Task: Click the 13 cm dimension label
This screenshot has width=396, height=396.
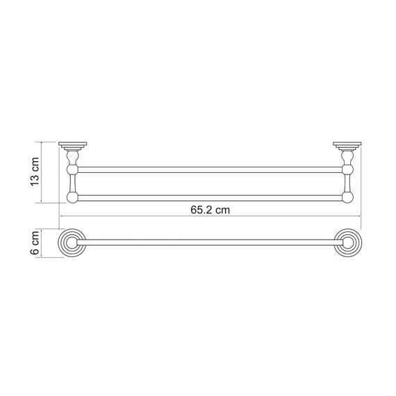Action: [35, 172]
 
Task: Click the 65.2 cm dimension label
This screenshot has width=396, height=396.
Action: [210, 210]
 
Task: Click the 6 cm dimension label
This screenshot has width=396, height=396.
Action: [35, 242]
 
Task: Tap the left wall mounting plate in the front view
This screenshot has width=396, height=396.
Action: [73, 145]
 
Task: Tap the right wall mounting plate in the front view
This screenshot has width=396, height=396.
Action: [347, 145]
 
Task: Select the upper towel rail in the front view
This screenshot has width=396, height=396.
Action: [210, 170]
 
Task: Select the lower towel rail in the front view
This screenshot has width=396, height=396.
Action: [210, 198]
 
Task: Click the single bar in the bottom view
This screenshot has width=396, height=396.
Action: [210, 242]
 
